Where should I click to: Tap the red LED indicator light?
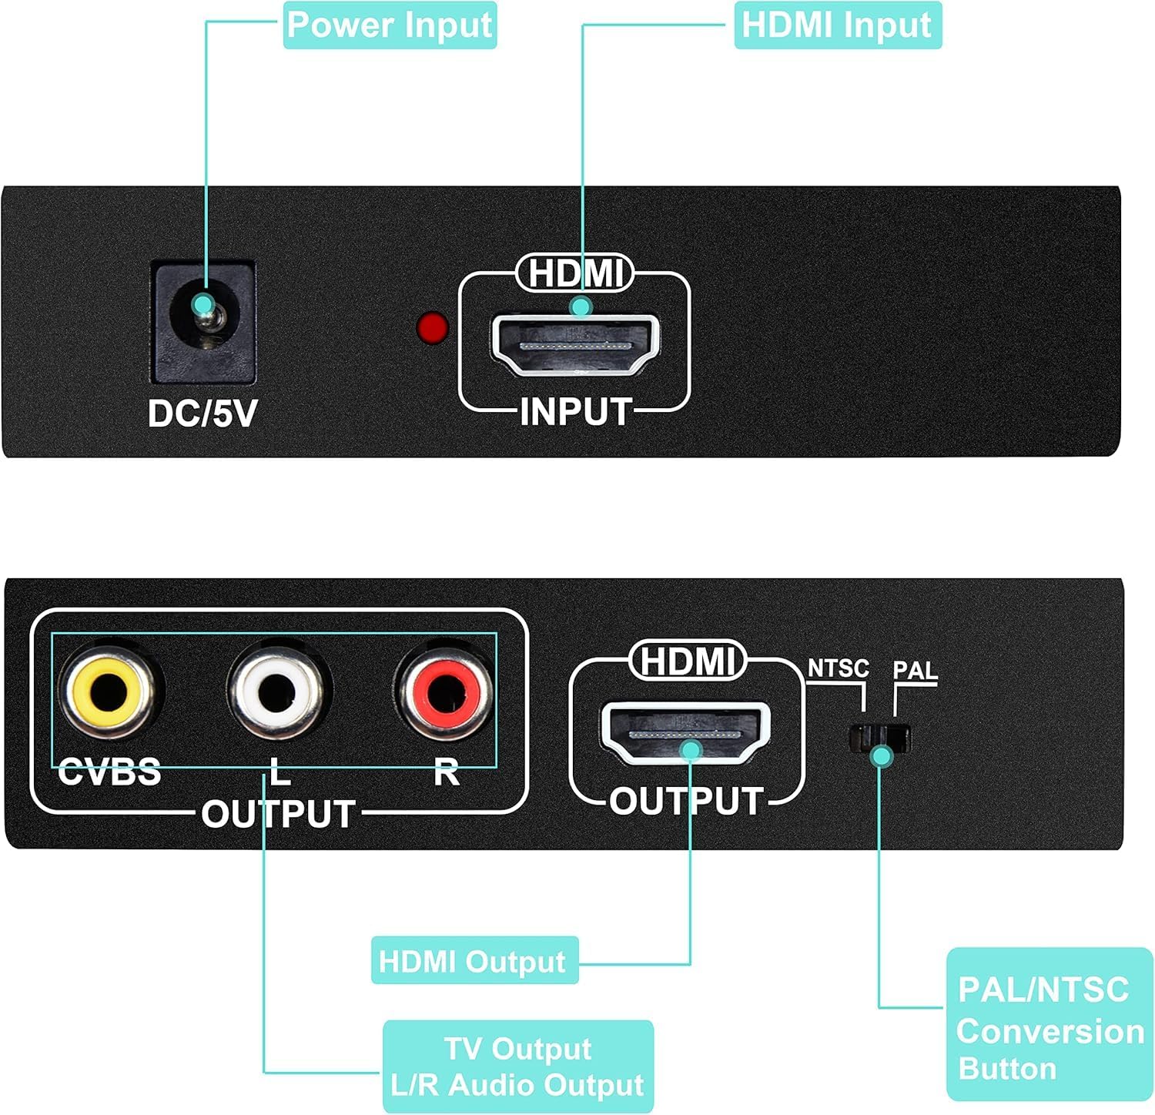[x=432, y=327]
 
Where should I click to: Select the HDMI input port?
[x=574, y=343]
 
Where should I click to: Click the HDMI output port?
[x=685, y=732]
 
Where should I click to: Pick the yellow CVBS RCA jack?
[x=109, y=690]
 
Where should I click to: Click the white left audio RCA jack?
[x=278, y=690]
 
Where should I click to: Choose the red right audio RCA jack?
[x=444, y=690]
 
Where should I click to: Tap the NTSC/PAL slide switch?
[x=879, y=738]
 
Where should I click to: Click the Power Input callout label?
[x=390, y=25]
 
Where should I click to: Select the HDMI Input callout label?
[x=837, y=25]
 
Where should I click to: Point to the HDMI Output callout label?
[x=474, y=961]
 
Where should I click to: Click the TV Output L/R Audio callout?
[x=517, y=1066]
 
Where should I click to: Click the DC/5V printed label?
[x=203, y=414]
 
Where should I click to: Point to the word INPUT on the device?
[x=575, y=412]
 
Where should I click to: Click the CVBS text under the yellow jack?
[x=109, y=772]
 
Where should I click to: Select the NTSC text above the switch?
[x=838, y=668]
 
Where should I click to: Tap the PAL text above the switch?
[x=915, y=671]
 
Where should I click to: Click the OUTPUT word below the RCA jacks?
[x=278, y=814]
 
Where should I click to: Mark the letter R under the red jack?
[x=446, y=772]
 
